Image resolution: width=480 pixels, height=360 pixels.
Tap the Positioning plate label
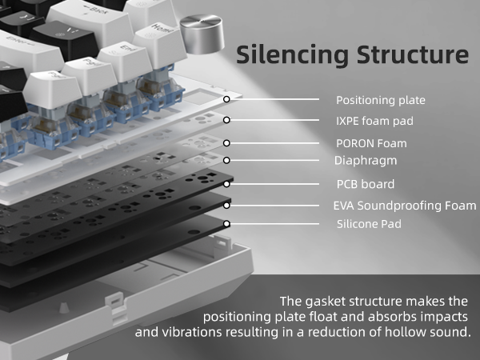(x=380, y=100)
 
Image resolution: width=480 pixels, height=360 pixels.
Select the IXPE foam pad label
(x=374, y=121)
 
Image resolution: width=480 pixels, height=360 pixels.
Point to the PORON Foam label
(x=371, y=143)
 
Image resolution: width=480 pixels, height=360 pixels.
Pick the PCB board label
(x=364, y=183)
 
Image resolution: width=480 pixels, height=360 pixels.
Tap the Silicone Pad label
(x=369, y=224)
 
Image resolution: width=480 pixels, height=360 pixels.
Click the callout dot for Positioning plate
(x=227, y=99)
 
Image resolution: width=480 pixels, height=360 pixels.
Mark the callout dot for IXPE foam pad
(x=227, y=120)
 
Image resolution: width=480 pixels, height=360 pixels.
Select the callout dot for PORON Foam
(x=227, y=143)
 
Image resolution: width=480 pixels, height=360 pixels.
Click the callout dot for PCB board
(x=227, y=183)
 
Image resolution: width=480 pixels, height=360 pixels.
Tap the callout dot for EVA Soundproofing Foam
(x=227, y=206)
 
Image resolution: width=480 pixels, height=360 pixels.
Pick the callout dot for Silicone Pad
(x=227, y=224)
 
